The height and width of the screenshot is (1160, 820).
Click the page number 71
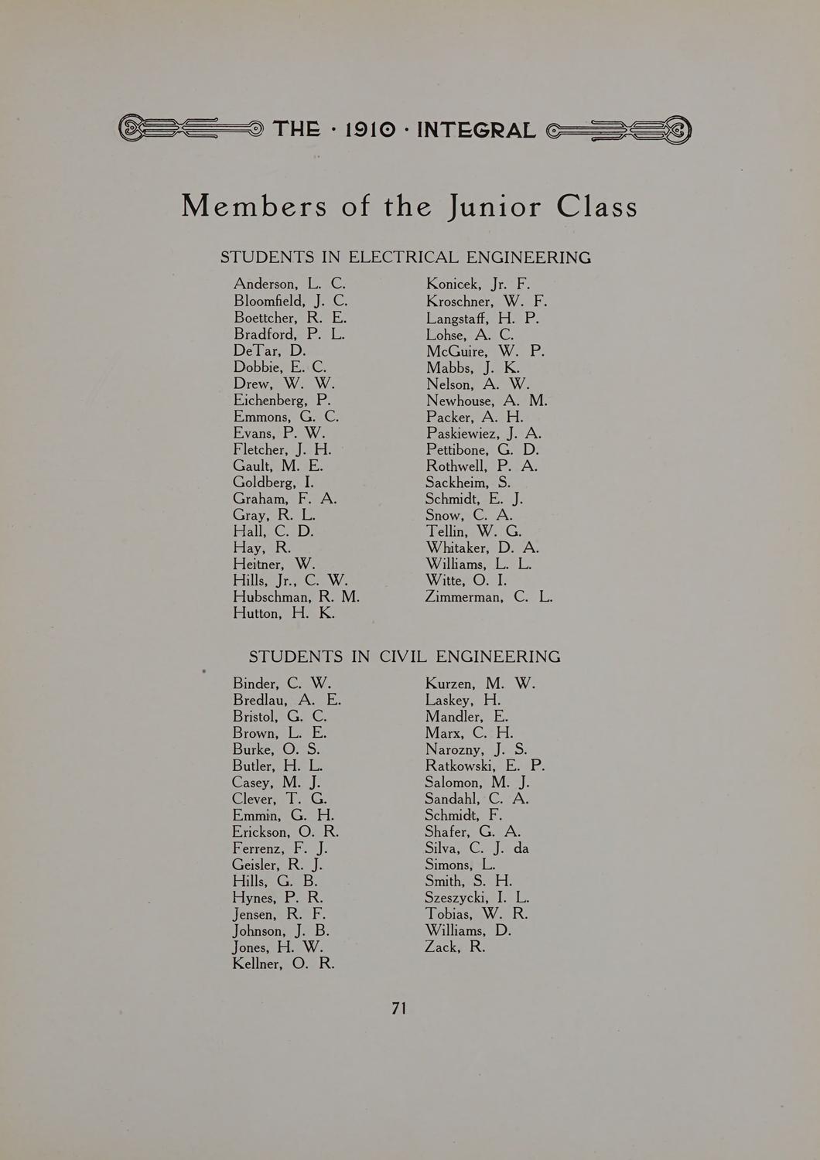click(x=399, y=1008)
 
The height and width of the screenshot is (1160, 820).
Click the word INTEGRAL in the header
click(x=476, y=129)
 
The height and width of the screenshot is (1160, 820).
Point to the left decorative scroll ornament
click(x=190, y=128)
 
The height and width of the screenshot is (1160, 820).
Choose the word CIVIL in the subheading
click(x=402, y=657)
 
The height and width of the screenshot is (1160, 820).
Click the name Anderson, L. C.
click(x=289, y=284)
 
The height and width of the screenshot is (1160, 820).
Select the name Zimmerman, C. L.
click(x=489, y=597)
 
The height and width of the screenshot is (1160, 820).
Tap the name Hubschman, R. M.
click(x=296, y=597)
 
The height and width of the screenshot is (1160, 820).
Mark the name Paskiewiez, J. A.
click(x=483, y=434)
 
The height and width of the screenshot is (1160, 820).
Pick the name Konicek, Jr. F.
click(x=477, y=284)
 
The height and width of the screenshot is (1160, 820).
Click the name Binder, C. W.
click(x=282, y=684)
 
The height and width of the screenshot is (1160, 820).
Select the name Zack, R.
click(x=455, y=947)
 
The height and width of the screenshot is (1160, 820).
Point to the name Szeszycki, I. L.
click(x=477, y=898)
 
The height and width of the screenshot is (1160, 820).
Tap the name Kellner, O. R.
click(x=283, y=964)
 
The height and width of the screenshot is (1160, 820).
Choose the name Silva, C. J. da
click(x=477, y=848)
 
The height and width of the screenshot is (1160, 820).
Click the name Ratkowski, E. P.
click(x=484, y=766)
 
